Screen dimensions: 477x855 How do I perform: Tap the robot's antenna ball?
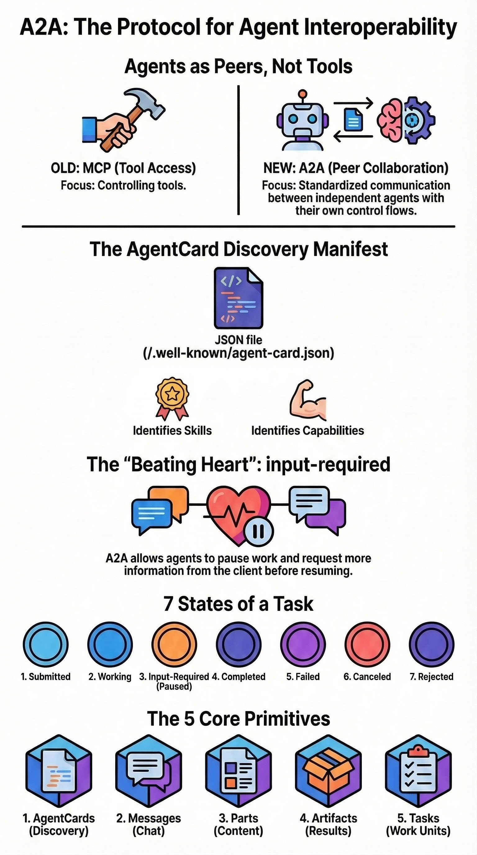pos(302,93)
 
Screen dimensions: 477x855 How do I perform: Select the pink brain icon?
pos(391,120)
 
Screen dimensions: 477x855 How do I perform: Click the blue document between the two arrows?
pos(353,120)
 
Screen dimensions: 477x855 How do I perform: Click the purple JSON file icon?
pos(238,298)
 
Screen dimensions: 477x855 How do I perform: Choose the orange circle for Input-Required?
pos(174,644)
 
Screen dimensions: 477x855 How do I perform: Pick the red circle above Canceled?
pos(367,644)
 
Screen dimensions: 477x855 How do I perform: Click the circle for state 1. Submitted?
pos(45,644)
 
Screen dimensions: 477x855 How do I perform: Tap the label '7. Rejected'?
pos(432,676)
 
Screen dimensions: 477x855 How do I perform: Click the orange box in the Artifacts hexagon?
pos(328,776)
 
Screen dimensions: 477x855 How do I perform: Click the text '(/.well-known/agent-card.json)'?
pos(238,353)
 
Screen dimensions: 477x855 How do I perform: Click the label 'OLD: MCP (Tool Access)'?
pos(123,168)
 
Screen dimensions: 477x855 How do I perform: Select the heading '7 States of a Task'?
pos(238,604)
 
